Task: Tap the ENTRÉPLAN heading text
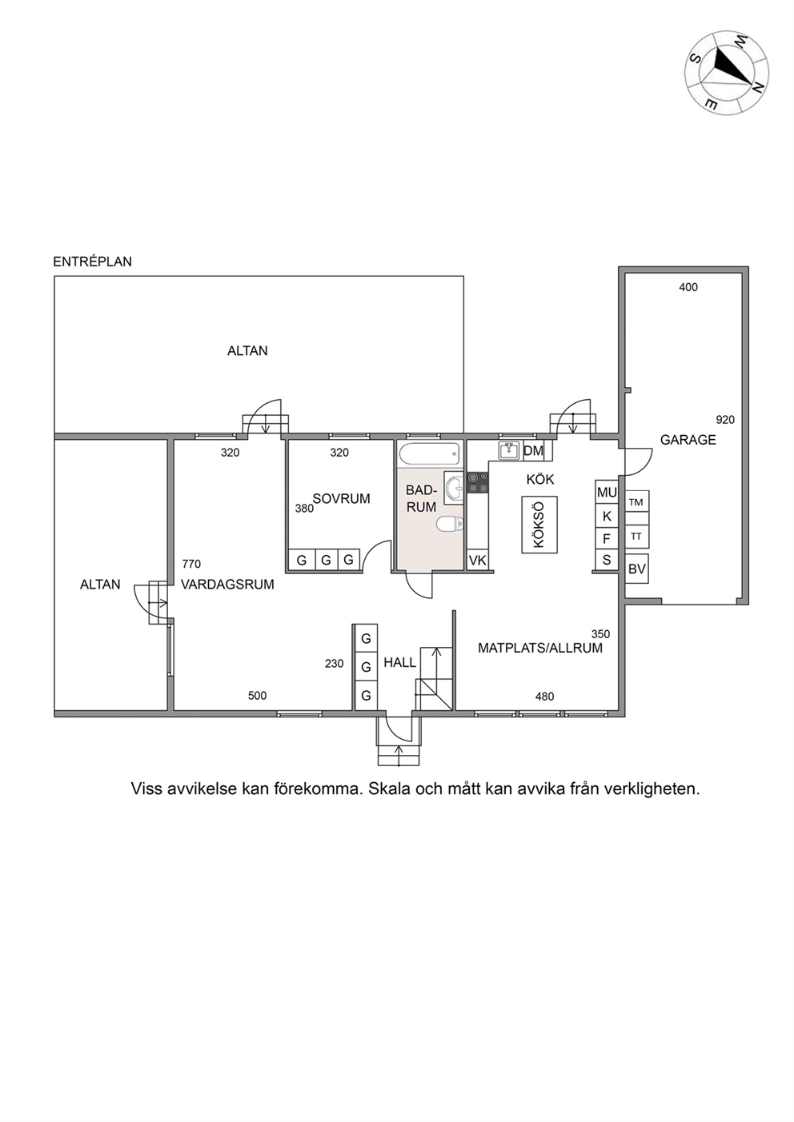(x=92, y=262)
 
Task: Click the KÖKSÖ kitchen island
(x=539, y=525)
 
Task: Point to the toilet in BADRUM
(x=450, y=525)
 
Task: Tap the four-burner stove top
(x=477, y=483)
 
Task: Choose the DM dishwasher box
(x=533, y=451)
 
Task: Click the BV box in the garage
(x=636, y=569)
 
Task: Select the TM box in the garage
(x=636, y=502)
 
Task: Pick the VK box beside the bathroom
(x=477, y=560)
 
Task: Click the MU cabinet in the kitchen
(x=607, y=493)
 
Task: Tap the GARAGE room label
(x=688, y=440)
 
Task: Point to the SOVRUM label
(x=341, y=498)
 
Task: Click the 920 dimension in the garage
(x=725, y=420)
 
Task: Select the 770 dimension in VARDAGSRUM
(x=191, y=564)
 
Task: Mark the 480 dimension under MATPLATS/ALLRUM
(x=544, y=697)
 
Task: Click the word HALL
(x=400, y=663)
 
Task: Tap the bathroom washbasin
(x=454, y=486)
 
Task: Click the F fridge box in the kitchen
(x=607, y=539)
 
